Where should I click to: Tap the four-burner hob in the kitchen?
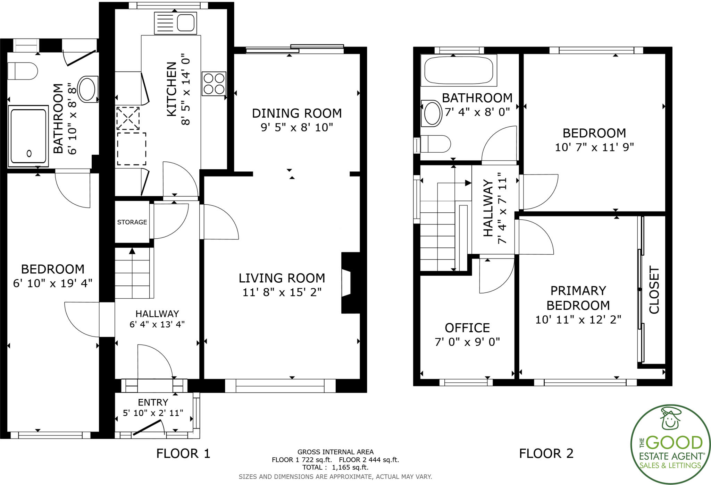pyautogui.click(x=214, y=84)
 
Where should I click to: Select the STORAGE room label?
pyautogui.click(x=132, y=222)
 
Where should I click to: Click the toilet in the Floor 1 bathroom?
pyautogui.click(x=23, y=71)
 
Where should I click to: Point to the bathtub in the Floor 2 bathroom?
pyautogui.click(x=458, y=70)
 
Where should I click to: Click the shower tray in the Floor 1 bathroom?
pyautogui.click(x=28, y=136)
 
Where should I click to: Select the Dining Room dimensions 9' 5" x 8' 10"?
pyautogui.click(x=296, y=128)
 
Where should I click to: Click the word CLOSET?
pyautogui.click(x=654, y=290)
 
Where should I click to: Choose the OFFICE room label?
pyautogui.click(x=467, y=327)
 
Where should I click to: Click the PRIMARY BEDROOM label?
pyautogui.click(x=578, y=298)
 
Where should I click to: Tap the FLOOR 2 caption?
pyautogui.click(x=546, y=453)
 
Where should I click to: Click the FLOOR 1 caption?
pyautogui.click(x=183, y=453)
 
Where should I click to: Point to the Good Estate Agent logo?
pyautogui.click(x=670, y=444)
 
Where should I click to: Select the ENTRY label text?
pyautogui.click(x=153, y=402)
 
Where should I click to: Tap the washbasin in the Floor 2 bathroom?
pyautogui.click(x=432, y=113)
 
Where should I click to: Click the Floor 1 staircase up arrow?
pyautogui.click(x=132, y=251)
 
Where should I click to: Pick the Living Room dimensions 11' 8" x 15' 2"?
pyautogui.click(x=282, y=292)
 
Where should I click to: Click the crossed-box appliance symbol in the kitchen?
pyautogui.click(x=128, y=118)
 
